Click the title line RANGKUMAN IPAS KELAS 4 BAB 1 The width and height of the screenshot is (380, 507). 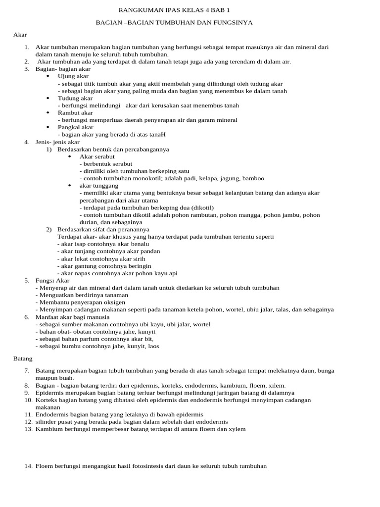[x=175, y=10]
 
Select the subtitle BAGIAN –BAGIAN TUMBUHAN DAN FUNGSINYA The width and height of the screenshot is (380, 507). [x=174, y=23]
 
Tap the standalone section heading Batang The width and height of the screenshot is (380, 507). [x=23, y=358]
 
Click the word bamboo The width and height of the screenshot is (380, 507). [x=253, y=178]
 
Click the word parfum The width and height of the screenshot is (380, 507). [x=88, y=339]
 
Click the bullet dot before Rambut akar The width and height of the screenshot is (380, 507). [x=47, y=113]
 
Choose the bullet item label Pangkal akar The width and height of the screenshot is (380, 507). [x=76, y=127]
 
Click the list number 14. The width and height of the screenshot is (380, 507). [x=28, y=466]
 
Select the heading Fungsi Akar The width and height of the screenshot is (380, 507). [x=53, y=280]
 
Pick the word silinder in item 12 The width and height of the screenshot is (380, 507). [x=46, y=421]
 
